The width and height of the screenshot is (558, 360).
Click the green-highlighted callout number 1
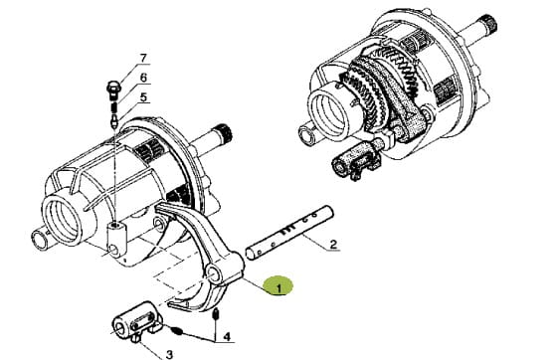279,288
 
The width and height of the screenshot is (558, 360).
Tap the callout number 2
333,245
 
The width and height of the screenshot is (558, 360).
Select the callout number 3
169,354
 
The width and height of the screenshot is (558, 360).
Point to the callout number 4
227,336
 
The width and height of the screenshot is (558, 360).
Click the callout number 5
143,96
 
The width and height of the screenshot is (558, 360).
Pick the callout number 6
143,78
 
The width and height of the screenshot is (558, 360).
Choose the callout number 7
143,58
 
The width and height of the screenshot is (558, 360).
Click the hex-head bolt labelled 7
113,90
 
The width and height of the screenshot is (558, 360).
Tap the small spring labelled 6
114,106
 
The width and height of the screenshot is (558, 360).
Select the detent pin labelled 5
114,119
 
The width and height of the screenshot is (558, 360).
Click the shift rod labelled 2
289,233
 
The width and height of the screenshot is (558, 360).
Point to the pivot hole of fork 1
215,274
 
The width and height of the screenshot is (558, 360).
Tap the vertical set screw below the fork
215,314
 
